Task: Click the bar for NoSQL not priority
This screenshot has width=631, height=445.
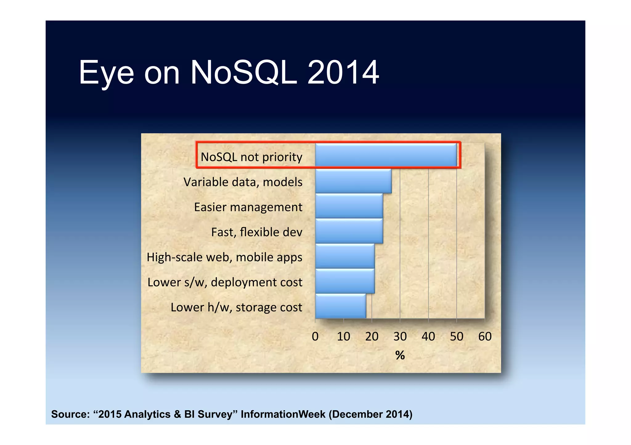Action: [x=386, y=155]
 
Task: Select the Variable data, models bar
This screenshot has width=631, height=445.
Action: [x=353, y=181]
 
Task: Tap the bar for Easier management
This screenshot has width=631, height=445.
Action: [x=349, y=206]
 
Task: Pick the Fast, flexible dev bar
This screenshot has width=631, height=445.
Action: [x=349, y=231]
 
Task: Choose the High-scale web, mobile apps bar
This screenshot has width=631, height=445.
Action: [x=345, y=256]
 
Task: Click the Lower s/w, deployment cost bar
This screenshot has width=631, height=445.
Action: [x=345, y=281]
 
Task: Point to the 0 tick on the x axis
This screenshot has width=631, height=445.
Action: [x=315, y=336]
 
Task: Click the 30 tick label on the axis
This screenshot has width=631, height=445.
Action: [x=400, y=336]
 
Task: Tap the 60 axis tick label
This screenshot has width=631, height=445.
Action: [x=485, y=336]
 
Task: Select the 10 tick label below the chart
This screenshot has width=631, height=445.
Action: [x=343, y=336]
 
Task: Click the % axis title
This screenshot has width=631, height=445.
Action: [x=400, y=355]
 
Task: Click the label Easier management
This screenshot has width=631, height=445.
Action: [x=248, y=207]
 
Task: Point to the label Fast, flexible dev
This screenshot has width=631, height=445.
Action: [x=257, y=232]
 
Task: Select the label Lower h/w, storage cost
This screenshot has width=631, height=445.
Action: [x=236, y=307]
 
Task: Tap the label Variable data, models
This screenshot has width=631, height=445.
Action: [x=243, y=182]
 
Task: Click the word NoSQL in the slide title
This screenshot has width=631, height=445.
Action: [x=244, y=73]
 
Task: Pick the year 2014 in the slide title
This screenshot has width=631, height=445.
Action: [x=343, y=73]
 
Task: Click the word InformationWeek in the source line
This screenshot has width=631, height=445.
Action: [x=283, y=414]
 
